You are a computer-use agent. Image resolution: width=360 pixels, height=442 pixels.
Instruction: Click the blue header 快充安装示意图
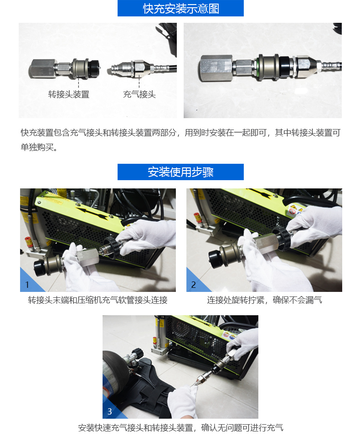pos(180,8)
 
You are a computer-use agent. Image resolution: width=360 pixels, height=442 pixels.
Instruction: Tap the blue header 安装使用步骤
pos(180,172)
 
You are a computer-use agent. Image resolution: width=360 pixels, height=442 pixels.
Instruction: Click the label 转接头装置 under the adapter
pos(69,94)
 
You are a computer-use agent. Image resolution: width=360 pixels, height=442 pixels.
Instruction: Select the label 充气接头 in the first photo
pos(139,94)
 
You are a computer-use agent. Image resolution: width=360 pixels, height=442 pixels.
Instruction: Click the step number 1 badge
pos(27,285)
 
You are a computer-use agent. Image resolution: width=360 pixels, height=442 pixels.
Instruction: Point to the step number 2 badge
pos(194,285)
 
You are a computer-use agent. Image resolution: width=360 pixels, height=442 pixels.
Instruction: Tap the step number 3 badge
pos(109,411)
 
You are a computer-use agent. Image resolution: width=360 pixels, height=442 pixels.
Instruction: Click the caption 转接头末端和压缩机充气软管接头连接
pos(98,300)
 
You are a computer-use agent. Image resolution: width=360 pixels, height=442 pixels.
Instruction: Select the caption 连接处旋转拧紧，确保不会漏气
pos(264,300)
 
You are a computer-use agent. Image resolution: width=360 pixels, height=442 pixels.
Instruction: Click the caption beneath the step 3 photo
pos(180,428)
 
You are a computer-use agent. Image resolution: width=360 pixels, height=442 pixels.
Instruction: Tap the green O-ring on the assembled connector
pos(257,68)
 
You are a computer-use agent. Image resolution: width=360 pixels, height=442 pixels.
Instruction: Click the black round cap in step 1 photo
pos(40,269)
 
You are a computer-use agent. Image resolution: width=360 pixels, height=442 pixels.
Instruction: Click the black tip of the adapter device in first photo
pos(94,68)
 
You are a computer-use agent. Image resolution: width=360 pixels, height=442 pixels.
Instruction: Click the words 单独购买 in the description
pos(37,147)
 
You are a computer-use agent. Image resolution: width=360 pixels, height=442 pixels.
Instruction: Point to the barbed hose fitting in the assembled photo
pos(330,67)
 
